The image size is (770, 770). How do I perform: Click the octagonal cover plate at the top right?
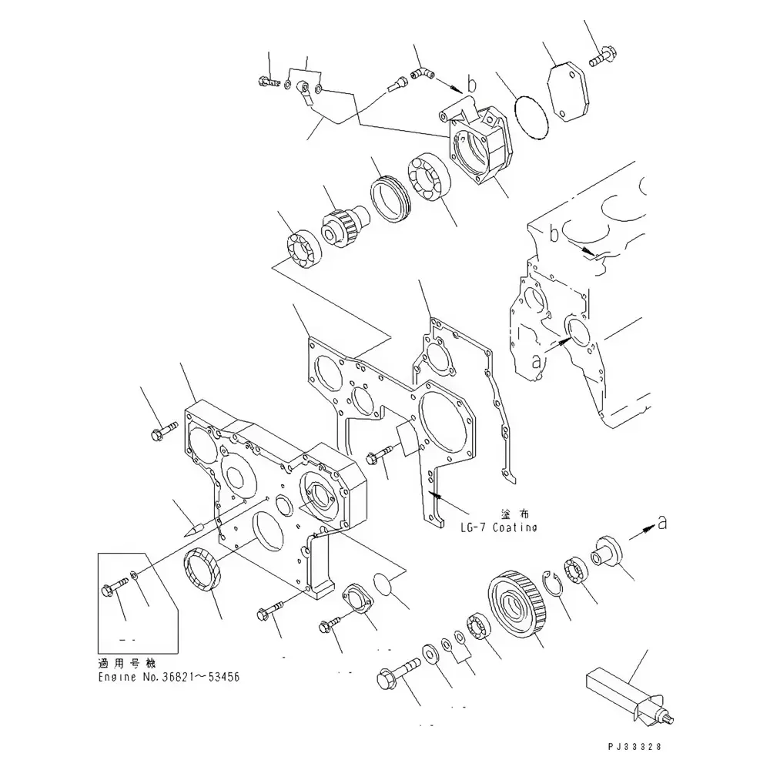point(571,94)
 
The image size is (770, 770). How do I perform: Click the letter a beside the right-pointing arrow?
point(661,524)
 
